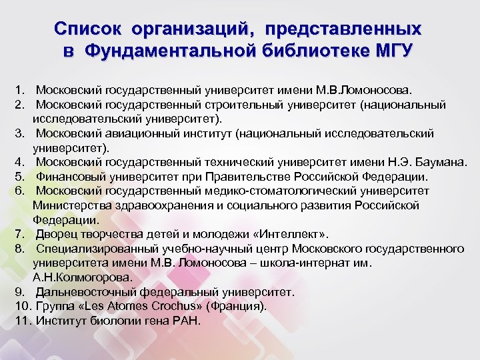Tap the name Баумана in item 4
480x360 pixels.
click(x=441, y=163)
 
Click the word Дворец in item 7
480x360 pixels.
click(x=54, y=234)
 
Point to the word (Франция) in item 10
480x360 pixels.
click(x=236, y=307)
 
